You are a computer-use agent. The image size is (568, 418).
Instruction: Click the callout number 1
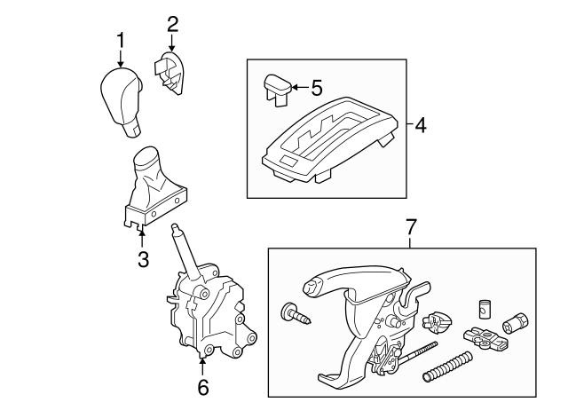click(121, 40)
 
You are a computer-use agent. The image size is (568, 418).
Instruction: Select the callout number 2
click(172, 25)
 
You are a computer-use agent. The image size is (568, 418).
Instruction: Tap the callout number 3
click(144, 259)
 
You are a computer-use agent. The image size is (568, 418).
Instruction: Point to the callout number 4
click(420, 125)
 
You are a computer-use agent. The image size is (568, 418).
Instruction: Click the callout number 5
click(317, 88)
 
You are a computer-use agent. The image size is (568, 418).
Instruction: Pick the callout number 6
click(203, 387)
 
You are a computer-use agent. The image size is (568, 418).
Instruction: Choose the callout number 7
click(411, 226)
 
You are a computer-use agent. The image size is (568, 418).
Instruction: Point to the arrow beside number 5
click(299, 87)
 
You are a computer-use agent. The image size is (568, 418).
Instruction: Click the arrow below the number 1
click(121, 58)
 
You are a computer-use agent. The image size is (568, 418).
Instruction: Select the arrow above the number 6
click(202, 367)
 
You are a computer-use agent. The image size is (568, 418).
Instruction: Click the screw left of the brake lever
click(296, 314)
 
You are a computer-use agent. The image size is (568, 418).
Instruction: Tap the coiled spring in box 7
click(447, 367)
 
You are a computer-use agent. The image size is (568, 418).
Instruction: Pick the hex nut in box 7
click(516, 321)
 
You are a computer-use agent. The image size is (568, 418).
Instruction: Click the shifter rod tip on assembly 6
click(176, 227)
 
